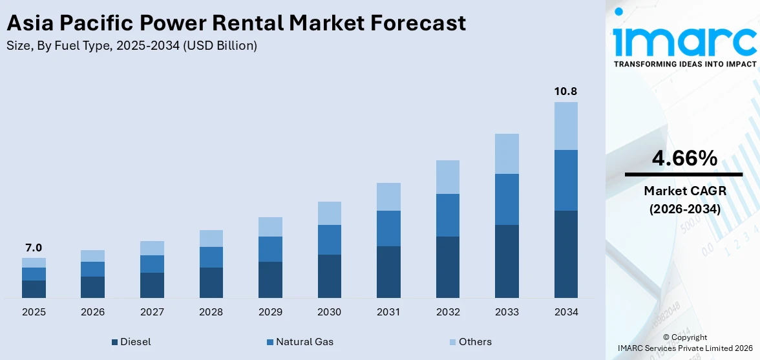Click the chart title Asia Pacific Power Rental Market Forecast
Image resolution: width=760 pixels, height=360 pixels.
[236, 23]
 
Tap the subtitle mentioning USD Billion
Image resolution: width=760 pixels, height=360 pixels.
[131, 46]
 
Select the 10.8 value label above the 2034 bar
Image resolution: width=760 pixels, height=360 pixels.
[565, 91]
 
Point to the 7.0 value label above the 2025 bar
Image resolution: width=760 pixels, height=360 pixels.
[34, 248]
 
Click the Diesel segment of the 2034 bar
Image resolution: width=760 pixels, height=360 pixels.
[565, 254]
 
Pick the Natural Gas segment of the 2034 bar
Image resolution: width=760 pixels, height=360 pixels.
[565, 180]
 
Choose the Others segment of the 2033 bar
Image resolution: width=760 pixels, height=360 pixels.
[507, 154]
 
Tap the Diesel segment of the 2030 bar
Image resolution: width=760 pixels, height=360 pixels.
[329, 276]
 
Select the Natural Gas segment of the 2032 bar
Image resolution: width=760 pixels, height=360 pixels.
[447, 215]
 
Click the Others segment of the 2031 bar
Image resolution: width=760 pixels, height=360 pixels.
[388, 196]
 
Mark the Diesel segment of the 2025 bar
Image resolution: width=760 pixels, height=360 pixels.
[34, 289]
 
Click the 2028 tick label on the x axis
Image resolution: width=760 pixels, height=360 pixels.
[211, 312]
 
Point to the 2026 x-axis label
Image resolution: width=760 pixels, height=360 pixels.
[93, 312]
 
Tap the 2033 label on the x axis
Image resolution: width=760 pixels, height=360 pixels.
[507, 312]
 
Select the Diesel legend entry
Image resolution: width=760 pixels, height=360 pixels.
[132, 342]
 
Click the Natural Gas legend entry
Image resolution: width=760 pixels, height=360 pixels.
[300, 342]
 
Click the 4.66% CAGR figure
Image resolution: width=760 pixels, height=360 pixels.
[684, 158]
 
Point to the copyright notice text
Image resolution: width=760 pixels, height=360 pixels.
[684, 343]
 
